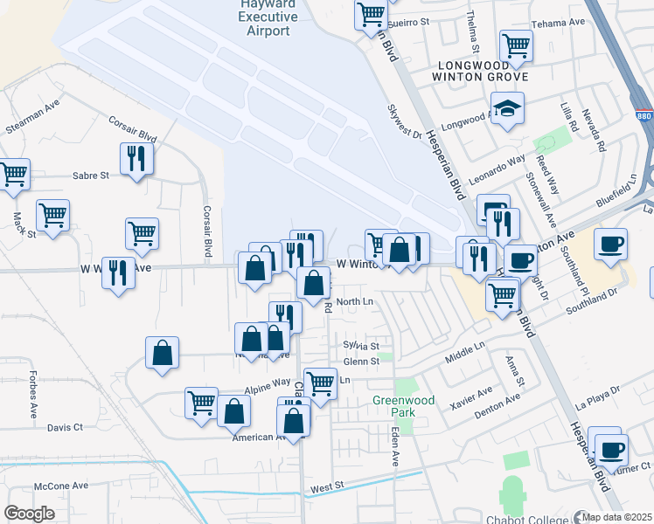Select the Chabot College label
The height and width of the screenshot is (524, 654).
(x=524, y=521)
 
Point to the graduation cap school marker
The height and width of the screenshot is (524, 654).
(x=507, y=109)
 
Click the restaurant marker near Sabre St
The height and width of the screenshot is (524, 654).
(x=136, y=159)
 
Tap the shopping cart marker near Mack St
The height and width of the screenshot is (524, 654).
(x=53, y=216)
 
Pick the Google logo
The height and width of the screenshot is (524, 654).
(x=29, y=514)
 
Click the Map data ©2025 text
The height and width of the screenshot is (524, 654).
(x=616, y=517)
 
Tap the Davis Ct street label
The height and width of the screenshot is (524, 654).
(x=65, y=427)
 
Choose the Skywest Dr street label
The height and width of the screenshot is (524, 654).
(x=404, y=125)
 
